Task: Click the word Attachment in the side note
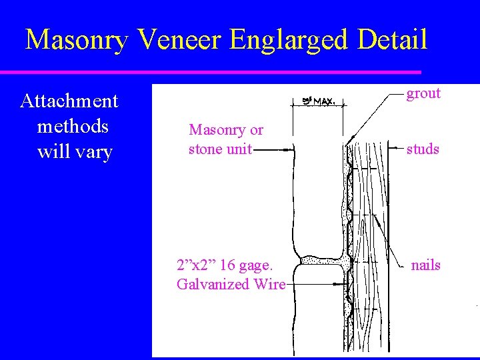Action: coord(69,101)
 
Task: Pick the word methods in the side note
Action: coord(73,126)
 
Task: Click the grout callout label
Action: coord(424,93)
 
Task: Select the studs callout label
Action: coord(423,149)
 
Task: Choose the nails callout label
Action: coord(425,265)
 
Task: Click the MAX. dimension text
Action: coord(323,101)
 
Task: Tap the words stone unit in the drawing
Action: coord(221,149)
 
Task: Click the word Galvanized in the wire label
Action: coord(207,285)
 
